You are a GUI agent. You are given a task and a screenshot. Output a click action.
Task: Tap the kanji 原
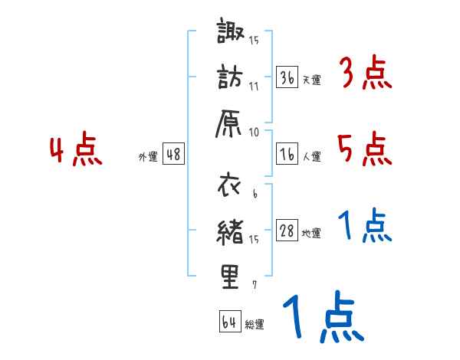pos(230,123)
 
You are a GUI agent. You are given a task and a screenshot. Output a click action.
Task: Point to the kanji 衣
pos(230,185)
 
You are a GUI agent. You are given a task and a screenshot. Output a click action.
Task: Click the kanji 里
pos(230,277)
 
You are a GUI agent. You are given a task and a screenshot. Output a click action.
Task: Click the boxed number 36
pos(287,77)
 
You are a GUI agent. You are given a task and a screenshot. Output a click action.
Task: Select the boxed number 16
pos(287,155)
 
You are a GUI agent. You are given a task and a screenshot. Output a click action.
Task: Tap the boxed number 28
pos(287,232)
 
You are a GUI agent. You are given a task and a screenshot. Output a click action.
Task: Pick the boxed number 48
pos(173,155)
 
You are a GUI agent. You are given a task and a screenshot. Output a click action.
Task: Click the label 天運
pos(311,80)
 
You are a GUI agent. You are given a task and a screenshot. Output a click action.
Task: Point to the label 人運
pos(311,157)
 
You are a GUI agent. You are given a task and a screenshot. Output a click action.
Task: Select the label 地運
pos(311,234)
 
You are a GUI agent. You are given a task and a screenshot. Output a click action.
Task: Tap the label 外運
pos(148,157)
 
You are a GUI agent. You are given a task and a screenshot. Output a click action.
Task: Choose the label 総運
pos(255,324)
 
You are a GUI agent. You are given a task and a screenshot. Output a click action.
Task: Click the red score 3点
pos(364,74)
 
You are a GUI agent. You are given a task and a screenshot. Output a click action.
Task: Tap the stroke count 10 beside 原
pos(255,131)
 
